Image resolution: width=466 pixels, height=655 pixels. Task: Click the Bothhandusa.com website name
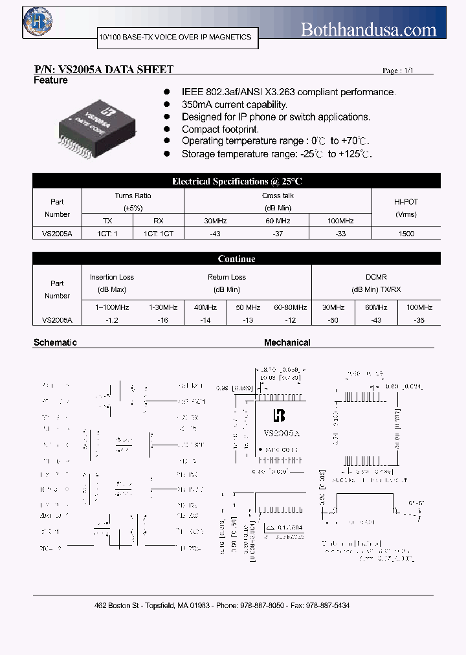coord(369,29)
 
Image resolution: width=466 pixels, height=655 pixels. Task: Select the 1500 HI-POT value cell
coord(406,234)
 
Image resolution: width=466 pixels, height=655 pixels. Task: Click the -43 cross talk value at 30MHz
coord(216,234)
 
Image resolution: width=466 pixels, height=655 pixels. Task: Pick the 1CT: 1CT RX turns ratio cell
coord(158,234)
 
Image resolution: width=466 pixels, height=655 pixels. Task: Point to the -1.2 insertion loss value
coord(111,320)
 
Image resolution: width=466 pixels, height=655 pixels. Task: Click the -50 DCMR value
coord(333,320)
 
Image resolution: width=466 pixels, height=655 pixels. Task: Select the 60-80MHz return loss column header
coord(290,307)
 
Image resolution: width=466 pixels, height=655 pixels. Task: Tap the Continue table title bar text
coord(236,259)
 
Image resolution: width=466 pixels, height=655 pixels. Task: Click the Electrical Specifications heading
coord(236,181)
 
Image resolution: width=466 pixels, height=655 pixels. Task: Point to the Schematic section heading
coord(55,342)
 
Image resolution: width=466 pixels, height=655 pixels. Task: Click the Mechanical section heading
coord(287,342)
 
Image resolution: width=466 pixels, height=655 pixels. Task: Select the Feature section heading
coord(50,80)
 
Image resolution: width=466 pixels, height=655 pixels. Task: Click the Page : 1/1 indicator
coord(397,71)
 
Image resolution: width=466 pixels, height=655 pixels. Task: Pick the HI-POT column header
coord(406,201)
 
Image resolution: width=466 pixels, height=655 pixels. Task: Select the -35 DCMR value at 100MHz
coord(419,320)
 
